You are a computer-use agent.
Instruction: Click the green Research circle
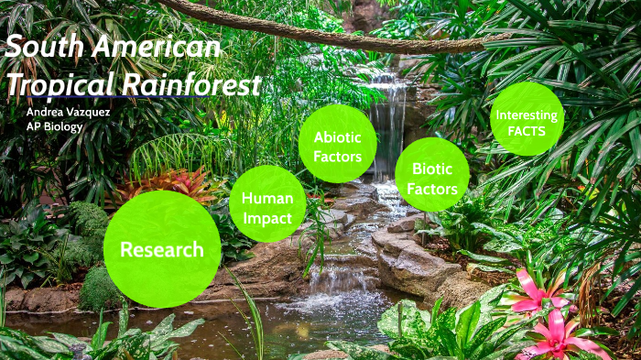click(x=162, y=249)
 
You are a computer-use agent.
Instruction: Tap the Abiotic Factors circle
click(x=337, y=145)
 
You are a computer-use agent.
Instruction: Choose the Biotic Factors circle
click(x=432, y=177)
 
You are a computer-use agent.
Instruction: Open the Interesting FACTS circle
click(x=527, y=119)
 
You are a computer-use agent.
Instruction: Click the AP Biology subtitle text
click(x=54, y=126)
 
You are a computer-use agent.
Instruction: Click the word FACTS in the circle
click(x=527, y=131)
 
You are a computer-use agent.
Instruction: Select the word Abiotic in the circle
click(x=337, y=137)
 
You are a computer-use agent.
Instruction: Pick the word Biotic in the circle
click(x=432, y=169)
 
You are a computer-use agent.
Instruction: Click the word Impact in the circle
click(x=267, y=218)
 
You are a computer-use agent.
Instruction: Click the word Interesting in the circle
click(x=527, y=115)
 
